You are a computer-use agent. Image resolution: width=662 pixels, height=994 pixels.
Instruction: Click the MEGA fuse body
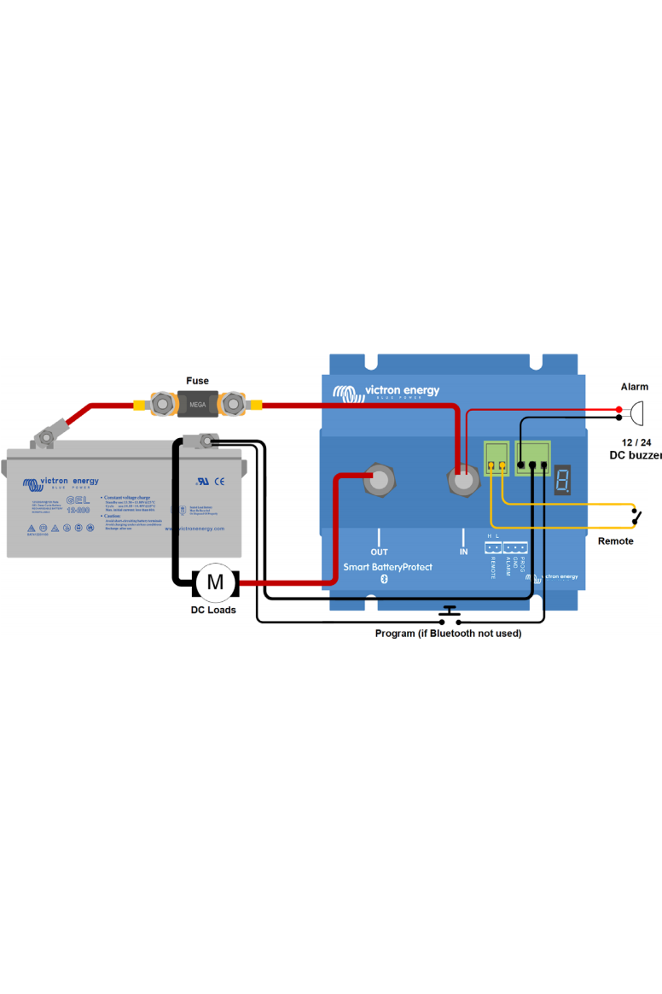point(197,402)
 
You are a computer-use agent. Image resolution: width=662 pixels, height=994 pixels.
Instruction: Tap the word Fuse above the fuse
point(197,381)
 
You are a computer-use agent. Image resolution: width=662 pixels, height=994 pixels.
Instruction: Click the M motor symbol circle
point(215,583)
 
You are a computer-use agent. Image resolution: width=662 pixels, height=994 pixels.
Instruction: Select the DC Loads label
point(213,610)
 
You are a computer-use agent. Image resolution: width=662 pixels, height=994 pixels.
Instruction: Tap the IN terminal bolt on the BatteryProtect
point(463,482)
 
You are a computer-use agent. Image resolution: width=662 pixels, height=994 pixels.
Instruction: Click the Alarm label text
point(634,387)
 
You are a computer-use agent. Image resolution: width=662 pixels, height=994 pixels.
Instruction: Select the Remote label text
point(615,541)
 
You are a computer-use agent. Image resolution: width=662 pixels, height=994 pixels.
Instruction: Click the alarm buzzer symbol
point(636,414)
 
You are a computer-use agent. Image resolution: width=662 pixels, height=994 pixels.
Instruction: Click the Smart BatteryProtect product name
point(387,567)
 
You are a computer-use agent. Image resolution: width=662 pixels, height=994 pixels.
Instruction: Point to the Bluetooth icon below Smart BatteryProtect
point(384,581)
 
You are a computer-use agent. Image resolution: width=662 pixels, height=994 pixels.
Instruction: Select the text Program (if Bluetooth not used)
point(448,634)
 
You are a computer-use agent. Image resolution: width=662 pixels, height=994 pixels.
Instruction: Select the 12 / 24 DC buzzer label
point(635,449)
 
